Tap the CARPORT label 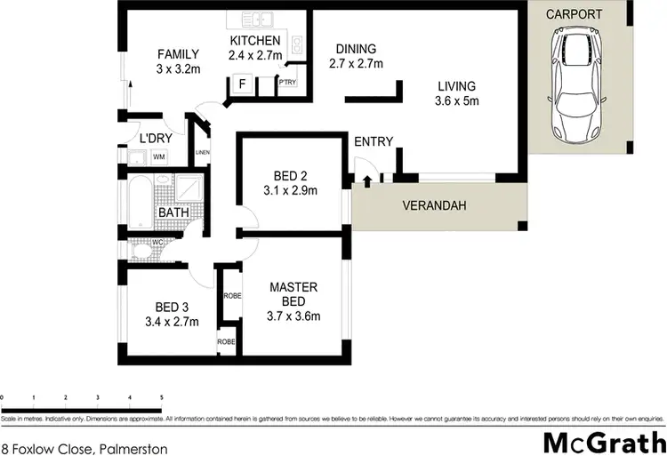(574, 14)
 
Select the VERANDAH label (436, 205)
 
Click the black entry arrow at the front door (367, 181)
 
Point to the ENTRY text (374, 142)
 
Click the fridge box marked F (241, 85)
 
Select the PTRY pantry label (287, 83)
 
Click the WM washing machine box (159, 157)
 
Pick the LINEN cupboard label (203, 153)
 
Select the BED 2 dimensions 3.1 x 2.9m (290, 189)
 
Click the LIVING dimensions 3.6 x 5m (457, 101)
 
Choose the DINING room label (356, 49)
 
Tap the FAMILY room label (178, 53)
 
